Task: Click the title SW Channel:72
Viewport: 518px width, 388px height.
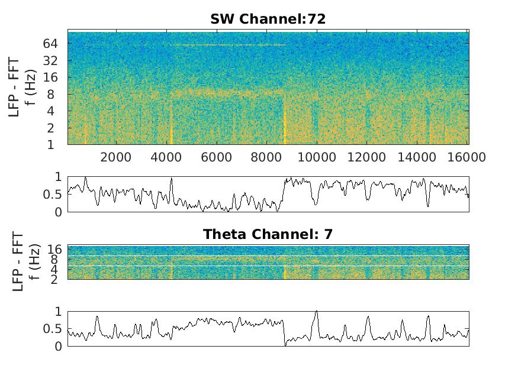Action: click(x=268, y=20)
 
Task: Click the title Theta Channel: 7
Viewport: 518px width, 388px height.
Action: click(x=268, y=234)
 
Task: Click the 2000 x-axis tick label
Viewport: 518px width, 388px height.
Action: click(x=116, y=157)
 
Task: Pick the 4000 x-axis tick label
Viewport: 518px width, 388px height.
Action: click(x=166, y=157)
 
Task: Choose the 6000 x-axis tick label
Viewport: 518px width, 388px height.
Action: click(x=217, y=157)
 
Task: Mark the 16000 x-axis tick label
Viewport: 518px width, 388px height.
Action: click(x=467, y=157)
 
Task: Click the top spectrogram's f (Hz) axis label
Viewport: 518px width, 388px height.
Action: click(x=35, y=88)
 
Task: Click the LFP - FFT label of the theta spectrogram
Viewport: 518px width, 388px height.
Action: click(x=18, y=261)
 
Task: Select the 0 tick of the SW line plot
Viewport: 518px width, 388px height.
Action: click(x=57, y=212)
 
